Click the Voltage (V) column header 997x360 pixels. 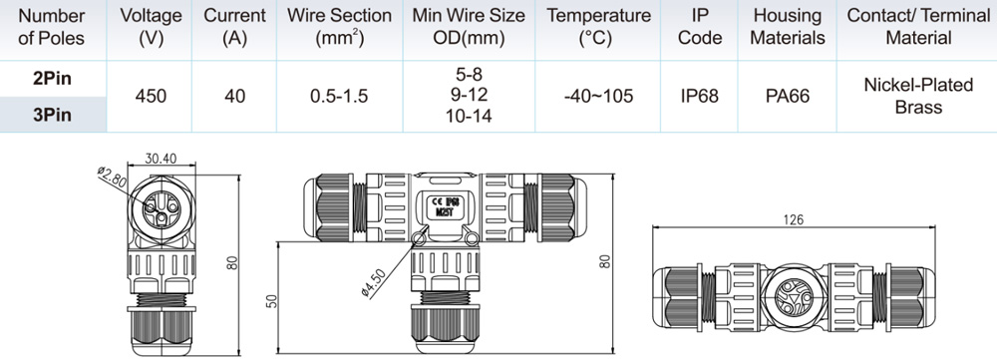(x=151, y=27)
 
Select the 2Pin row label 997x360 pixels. (x=52, y=78)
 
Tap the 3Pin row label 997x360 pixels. (x=52, y=115)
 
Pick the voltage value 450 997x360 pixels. (x=151, y=96)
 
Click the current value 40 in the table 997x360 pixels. (x=234, y=96)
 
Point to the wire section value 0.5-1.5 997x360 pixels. (x=339, y=96)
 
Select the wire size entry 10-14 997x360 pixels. (x=469, y=116)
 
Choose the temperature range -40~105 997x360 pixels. (x=597, y=96)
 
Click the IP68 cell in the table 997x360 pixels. (x=700, y=96)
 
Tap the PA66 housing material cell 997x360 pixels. (x=788, y=96)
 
